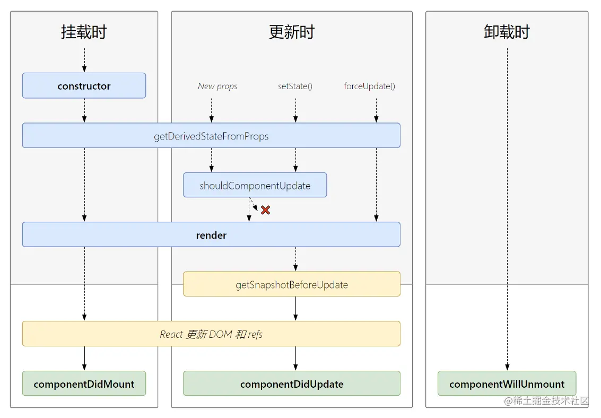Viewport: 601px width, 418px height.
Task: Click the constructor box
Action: click(84, 86)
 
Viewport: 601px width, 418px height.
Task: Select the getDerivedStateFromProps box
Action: click(211, 136)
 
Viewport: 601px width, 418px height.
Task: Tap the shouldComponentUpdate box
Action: click(255, 185)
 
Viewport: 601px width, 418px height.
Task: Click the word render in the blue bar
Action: click(211, 235)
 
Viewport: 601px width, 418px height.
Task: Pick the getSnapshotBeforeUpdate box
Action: click(291, 284)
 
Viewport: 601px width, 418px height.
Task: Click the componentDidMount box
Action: click(84, 384)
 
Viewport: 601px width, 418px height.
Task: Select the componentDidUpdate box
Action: click(291, 384)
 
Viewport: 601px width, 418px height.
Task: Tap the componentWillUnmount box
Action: click(507, 384)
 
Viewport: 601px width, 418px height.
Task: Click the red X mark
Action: click(265, 210)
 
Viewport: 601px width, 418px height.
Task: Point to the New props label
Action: click(217, 86)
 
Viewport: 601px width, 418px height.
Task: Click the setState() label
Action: click(295, 86)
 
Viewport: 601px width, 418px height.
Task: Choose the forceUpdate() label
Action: click(369, 86)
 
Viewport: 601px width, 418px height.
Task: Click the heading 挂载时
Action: click(84, 32)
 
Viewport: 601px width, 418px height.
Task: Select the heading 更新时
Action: click(291, 32)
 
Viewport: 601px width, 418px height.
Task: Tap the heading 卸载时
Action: click(507, 32)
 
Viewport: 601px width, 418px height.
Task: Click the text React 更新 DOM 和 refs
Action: click(211, 334)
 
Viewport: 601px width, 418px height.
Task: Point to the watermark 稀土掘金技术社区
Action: click(546, 400)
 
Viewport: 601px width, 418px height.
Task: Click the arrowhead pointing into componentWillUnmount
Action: click(507, 367)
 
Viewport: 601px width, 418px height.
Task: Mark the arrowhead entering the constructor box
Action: click(84, 69)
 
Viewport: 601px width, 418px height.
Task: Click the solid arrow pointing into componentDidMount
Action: click(84, 366)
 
